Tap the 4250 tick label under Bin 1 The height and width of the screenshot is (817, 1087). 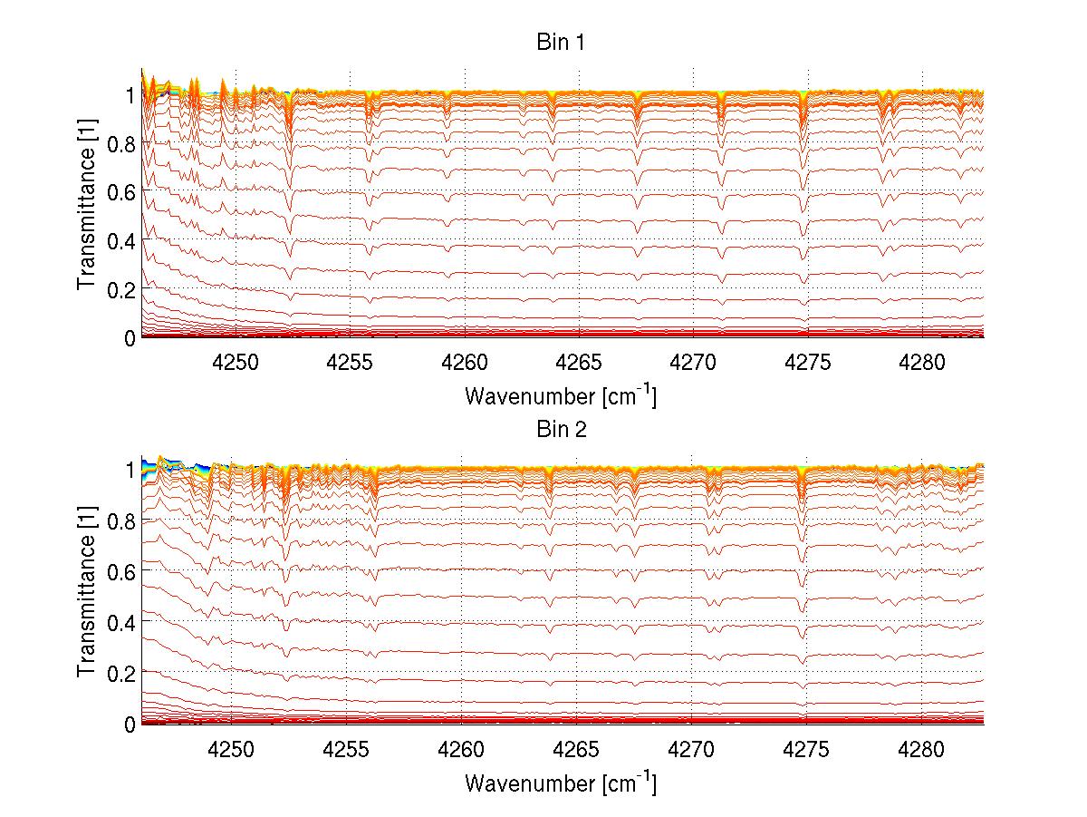(x=236, y=364)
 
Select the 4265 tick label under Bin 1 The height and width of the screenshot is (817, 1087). (x=579, y=364)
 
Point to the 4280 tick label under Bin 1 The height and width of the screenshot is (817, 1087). (x=922, y=364)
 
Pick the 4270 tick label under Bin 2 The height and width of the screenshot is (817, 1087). (x=691, y=750)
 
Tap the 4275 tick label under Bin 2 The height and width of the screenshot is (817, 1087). (x=806, y=750)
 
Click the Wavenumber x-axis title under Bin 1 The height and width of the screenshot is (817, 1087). (x=561, y=395)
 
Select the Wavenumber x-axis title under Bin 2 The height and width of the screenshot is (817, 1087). (x=561, y=782)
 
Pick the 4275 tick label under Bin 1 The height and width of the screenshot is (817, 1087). (x=808, y=364)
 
